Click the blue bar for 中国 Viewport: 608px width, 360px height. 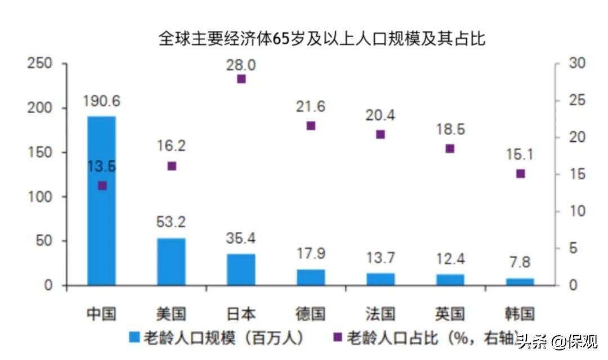coord(101,225)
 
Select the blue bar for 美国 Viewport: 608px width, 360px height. coord(171,262)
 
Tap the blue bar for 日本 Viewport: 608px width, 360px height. coord(241,269)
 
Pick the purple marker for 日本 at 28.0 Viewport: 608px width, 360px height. coord(242,79)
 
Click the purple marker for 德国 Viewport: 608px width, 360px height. coord(311,126)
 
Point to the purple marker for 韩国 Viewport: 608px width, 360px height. coord(520,174)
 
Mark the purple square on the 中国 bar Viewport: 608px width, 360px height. coord(102,186)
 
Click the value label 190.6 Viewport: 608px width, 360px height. coord(101,102)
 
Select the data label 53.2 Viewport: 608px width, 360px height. coord(171,223)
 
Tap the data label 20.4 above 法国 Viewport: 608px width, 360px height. coord(381,115)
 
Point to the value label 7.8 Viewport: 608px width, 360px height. coord(520,262)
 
